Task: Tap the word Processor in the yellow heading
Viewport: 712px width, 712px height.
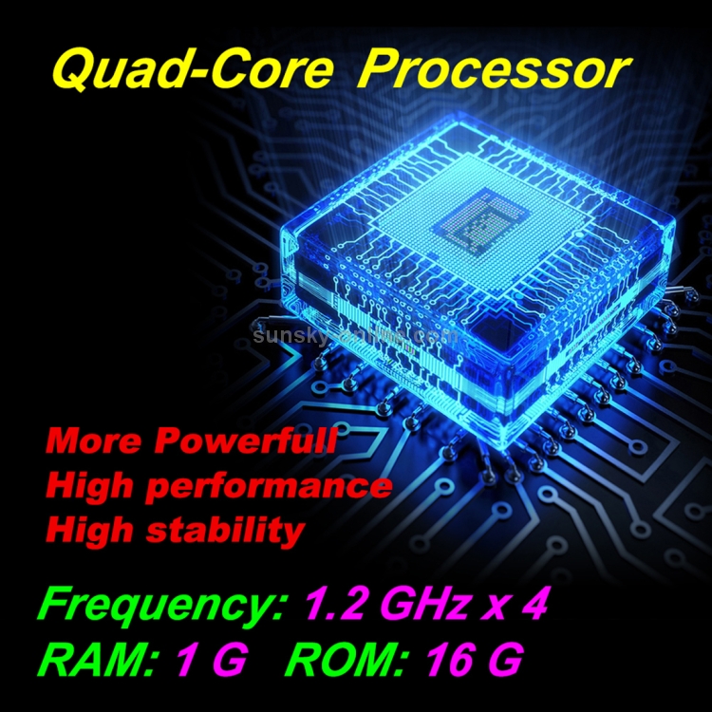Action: pyautogui.click(x=497, y=69)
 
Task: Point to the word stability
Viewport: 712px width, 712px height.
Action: pyautogui.click(x=227, y=530)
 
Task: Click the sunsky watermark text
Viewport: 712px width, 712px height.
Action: pyautogui.click(x=356, y=335)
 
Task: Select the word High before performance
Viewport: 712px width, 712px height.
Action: pyautogui.click(x=89, y=486)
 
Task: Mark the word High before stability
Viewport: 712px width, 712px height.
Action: pyautogui.click(x=89, y=530)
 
